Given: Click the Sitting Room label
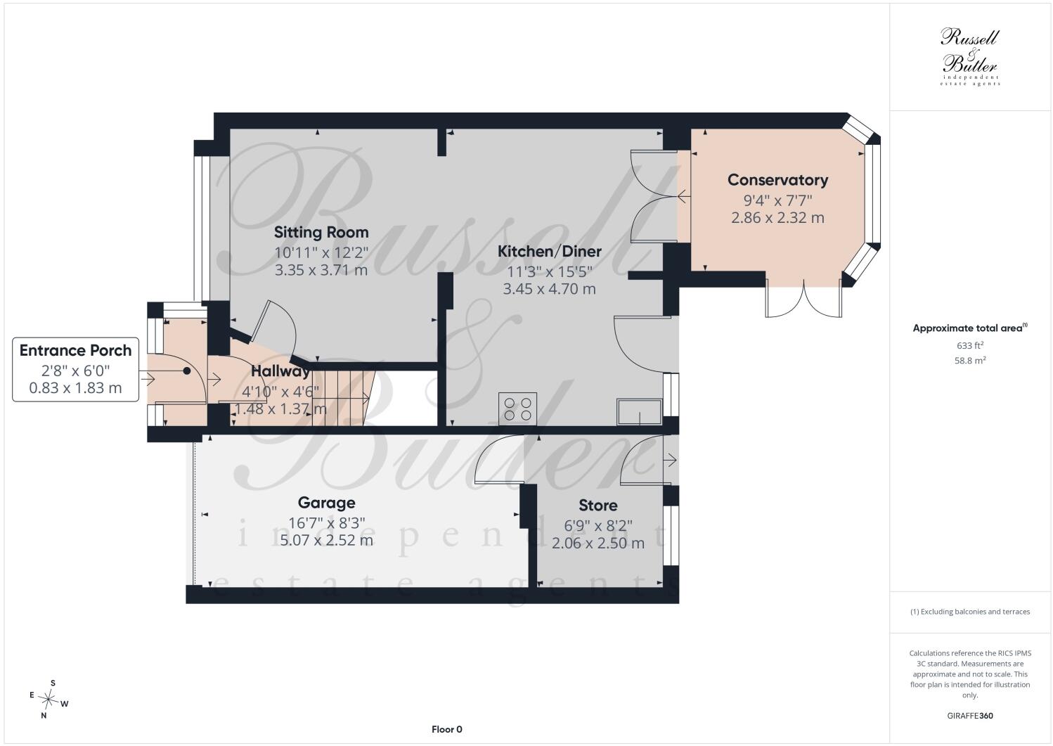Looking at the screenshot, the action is (321, 232).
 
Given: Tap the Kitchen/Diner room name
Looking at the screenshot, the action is (550, 252).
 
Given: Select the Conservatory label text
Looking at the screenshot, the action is (777, 180).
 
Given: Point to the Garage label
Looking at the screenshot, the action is (326, 503).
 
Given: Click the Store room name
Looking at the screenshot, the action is (598, 506).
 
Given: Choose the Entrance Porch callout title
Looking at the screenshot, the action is (76, 350).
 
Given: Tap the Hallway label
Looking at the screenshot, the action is (280, 371).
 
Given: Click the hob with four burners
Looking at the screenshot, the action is (517, 409).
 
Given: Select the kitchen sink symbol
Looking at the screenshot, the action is (640, 412).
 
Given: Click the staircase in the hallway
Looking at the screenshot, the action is (343, 398).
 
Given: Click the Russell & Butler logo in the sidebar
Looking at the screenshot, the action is (970, 57).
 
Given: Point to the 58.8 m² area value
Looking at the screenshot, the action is (970, 361).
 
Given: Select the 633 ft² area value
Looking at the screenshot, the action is (970, 345).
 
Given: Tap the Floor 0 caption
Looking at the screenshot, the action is (446, 729).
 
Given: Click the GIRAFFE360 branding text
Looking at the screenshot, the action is (970, 716).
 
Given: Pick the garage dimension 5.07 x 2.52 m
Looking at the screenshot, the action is (326, 540).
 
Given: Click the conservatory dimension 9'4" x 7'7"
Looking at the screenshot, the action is (777, 200).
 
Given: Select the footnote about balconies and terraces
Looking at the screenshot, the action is (970, 612).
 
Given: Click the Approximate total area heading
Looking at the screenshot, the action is (970, 328).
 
